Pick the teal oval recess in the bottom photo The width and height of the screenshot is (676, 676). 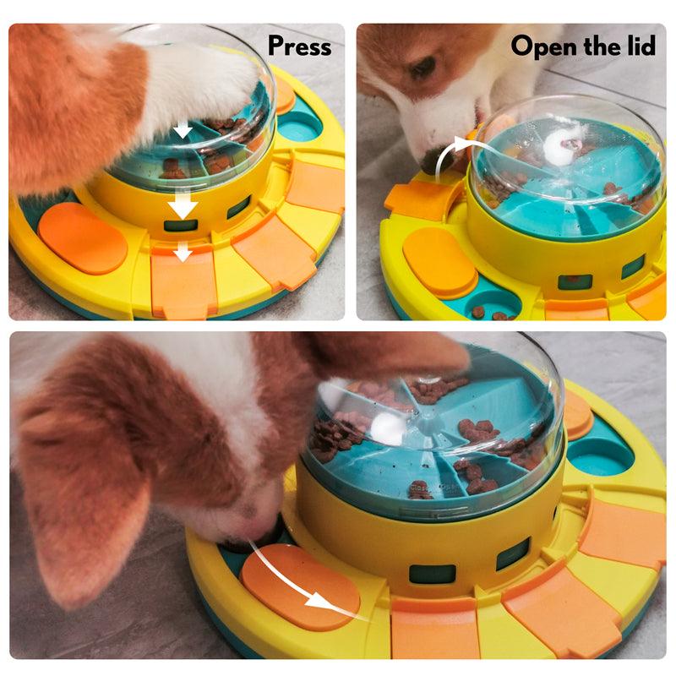[x=600, y=456]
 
